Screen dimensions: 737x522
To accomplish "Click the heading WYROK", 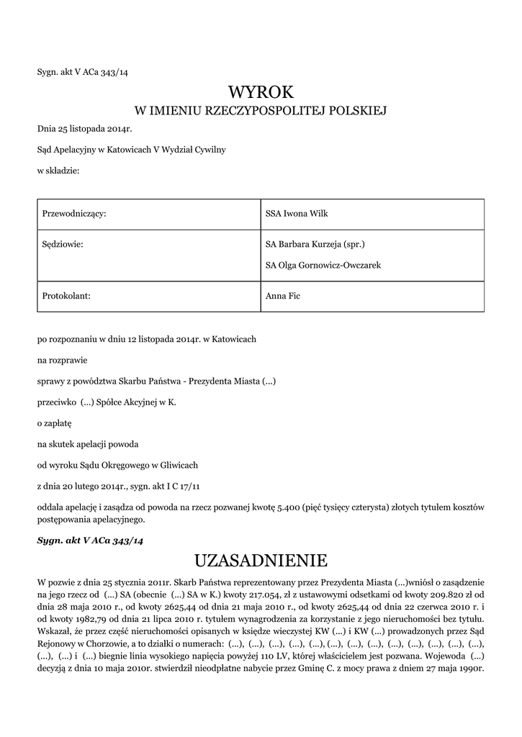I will pyautogui.click(x=261, y=92).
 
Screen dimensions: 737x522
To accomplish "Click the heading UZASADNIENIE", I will pyautogui.click(x=261, y=560).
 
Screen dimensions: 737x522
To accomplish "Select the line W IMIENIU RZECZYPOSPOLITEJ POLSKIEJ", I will pyautogui.click(x=261, y=111).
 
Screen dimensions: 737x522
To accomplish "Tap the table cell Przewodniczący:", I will pyautogui.click(x=75, y=214).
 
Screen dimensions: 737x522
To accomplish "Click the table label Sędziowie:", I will pyautogui.click(x=63, y=245).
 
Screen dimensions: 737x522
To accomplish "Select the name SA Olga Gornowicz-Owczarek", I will pyautogui.click(x=323, y=265).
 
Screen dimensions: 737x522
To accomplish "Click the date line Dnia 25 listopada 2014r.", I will pyautogui.click(x=85, y=129).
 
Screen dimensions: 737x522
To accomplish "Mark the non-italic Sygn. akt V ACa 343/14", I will pyautogui.click(x=83, y=72).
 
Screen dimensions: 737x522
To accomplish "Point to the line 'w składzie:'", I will pyautogui.click(x=58, y=171).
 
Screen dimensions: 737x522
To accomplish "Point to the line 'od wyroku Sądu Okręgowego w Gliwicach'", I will pyautogui.click(x=117, y=466).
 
